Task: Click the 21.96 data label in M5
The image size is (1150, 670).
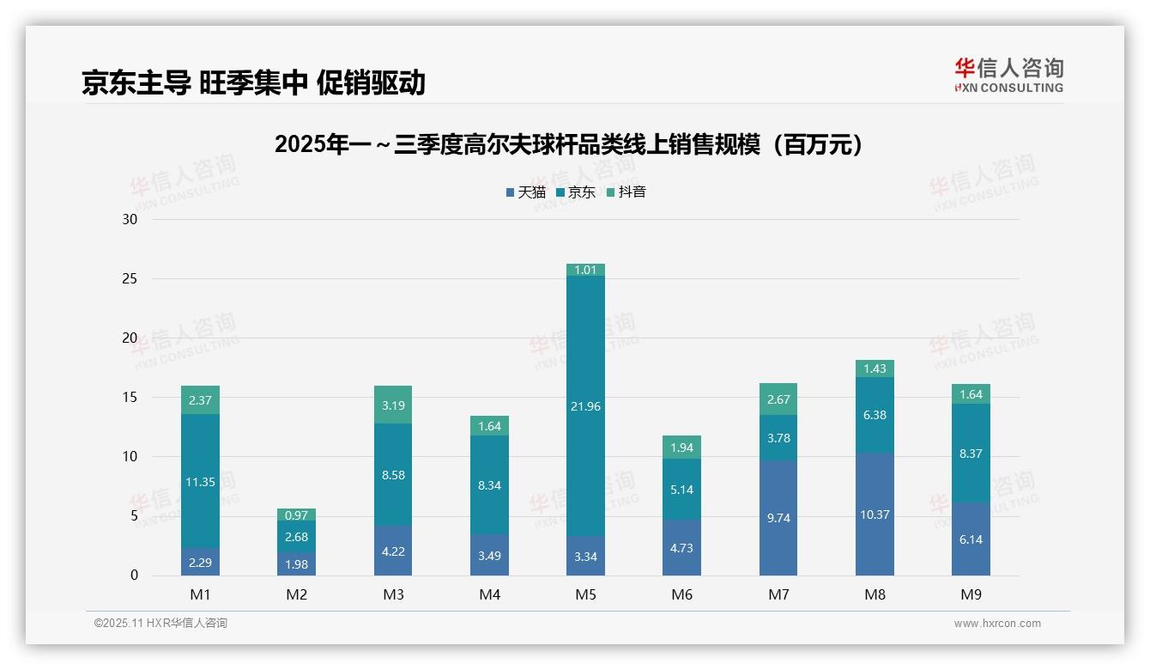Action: [x=585, y=406]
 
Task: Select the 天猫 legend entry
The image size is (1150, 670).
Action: [x=525, y=192]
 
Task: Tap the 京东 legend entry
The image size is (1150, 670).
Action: [x=576, y=192]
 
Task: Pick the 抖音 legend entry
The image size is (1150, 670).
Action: [x=626, y=192]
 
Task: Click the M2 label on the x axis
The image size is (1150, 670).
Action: [x=297, y=594]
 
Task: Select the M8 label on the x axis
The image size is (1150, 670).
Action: [x=875, y=594]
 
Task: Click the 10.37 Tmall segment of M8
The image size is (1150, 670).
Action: [x=875, y=515]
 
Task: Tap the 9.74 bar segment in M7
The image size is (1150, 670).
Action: [x=778, y=518]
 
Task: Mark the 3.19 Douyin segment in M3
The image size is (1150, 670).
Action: [x=393, y=405]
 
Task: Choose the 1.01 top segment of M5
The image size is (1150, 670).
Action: [x=585, y=270]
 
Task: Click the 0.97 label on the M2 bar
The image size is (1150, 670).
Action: [x=297, y=515]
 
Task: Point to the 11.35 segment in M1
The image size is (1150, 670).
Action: [x=200, y=482]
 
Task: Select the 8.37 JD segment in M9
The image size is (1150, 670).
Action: [x=971, y=454]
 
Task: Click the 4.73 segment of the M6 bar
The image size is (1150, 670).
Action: [x=681, y=547]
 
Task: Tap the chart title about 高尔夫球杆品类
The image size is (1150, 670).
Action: [x=568, y=145]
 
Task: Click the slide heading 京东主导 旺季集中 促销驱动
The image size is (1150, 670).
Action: [x=253, y=82]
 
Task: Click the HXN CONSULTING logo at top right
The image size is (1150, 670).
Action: [x=1008, y=76]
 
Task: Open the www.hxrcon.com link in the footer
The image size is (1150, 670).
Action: [x=997, y=624]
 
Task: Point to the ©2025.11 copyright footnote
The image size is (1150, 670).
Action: [x=160, y=624]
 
